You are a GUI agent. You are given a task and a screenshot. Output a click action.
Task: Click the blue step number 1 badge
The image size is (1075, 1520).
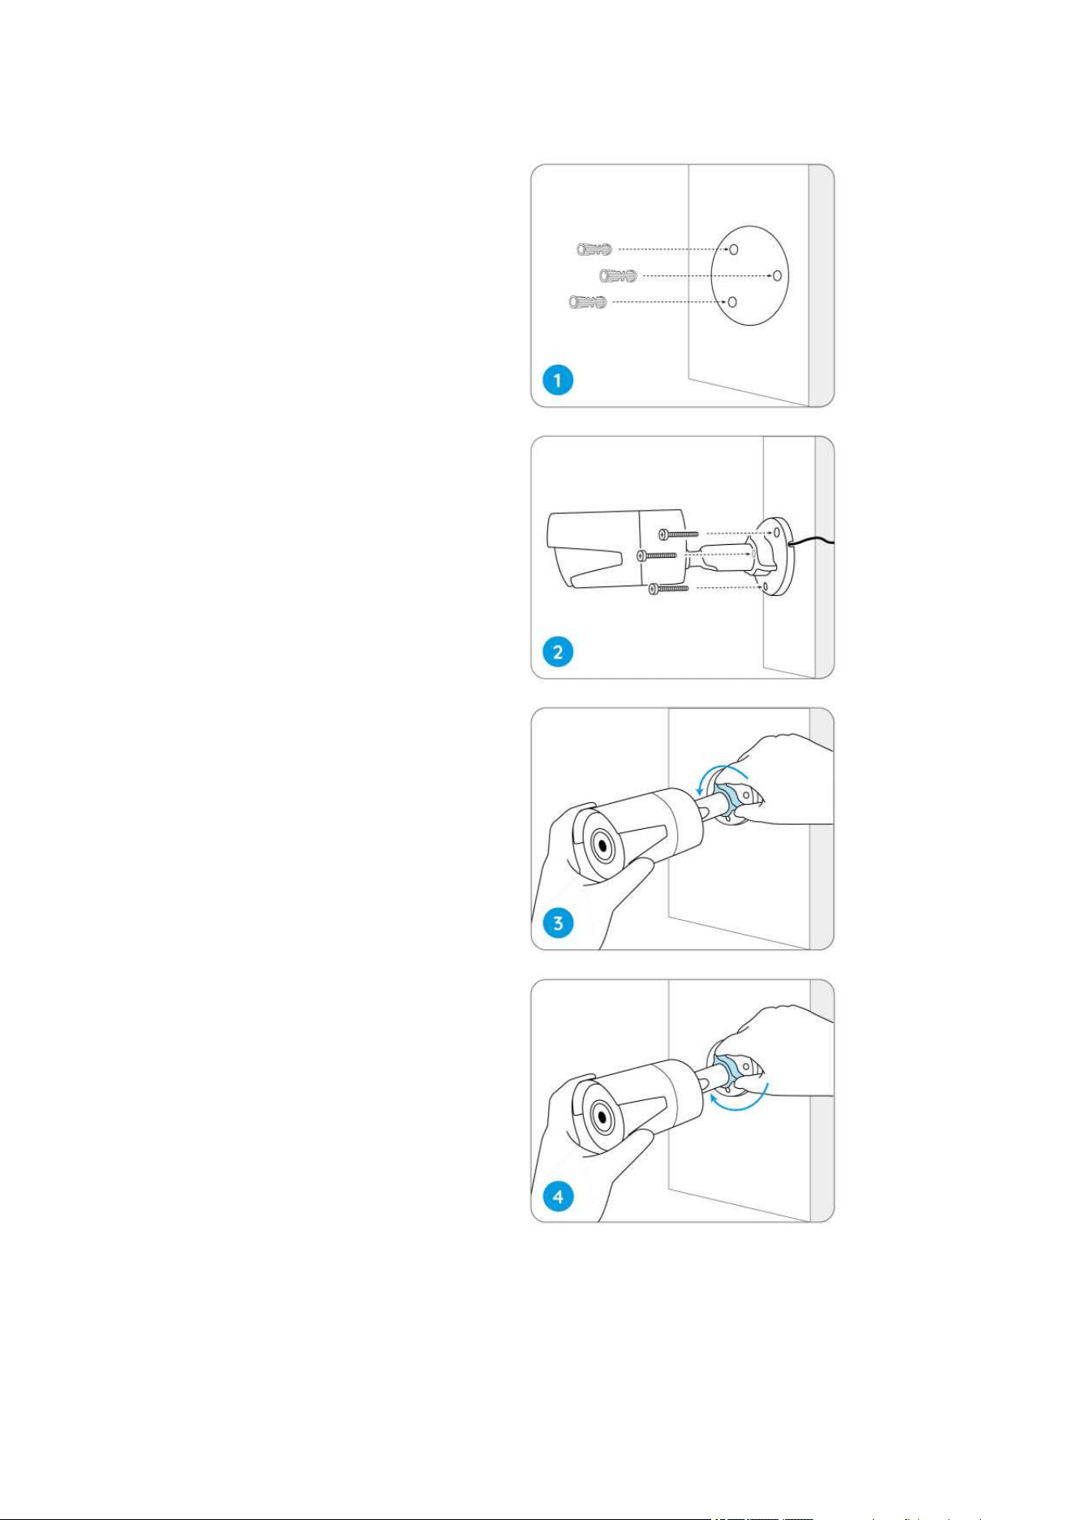point(558,380)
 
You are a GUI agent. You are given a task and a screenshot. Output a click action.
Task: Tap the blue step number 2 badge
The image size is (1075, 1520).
point(558,651)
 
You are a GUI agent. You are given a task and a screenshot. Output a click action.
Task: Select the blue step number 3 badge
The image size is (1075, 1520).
point(558,923)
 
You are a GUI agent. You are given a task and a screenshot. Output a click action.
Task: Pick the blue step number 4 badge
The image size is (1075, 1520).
point(558,1196)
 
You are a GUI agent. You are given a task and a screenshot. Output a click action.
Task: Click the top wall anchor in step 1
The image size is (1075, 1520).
point(594,249)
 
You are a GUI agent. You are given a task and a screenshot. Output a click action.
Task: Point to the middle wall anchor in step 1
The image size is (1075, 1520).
point(618,276)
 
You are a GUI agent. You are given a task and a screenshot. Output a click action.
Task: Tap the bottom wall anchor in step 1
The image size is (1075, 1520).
point(588,302)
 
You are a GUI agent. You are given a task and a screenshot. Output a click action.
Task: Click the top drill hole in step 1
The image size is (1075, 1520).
point(733,249)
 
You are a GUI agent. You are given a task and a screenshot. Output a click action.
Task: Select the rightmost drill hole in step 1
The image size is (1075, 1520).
point(777,275)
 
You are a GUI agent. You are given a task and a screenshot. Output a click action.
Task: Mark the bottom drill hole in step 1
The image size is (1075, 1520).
point(732,302)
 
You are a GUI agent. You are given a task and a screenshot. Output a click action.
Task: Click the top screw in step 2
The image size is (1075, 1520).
point(679,533)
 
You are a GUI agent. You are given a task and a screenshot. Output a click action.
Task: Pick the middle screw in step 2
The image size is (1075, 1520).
point(657,555)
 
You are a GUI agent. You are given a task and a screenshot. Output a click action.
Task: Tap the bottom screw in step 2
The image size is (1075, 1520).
point(669,588)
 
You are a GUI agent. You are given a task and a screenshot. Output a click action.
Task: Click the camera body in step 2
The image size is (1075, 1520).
point(617,551)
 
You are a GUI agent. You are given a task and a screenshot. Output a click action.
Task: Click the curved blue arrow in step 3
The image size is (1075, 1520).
point(723,771)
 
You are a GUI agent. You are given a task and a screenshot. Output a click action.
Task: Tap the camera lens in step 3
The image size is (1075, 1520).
point(602,846)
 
